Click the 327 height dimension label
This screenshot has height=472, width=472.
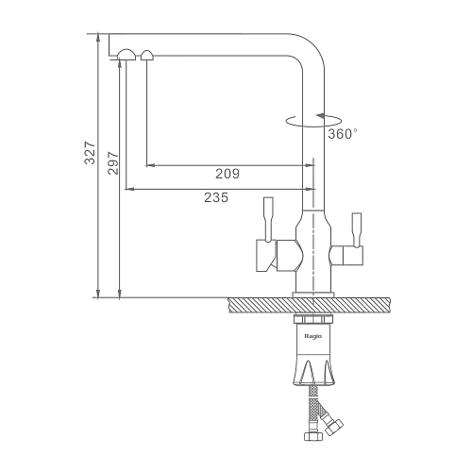click(x=90, y=153)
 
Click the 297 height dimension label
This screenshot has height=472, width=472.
click(x=113, y=163)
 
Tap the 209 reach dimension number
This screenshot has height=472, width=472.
click(x=228, y=174)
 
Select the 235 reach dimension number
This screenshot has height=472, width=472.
click(x=216, y=197)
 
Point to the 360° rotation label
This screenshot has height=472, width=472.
click(x=343, y=134)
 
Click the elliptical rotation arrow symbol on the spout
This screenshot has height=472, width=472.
click(x=313, y=121)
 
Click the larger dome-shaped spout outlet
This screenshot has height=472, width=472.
click(x=126, y=55)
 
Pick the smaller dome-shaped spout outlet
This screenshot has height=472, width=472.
click(x=147, y=55)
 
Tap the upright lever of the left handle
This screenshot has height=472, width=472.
click(x=268, y=220)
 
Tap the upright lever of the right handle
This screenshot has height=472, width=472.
click(x=357, y=229)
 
